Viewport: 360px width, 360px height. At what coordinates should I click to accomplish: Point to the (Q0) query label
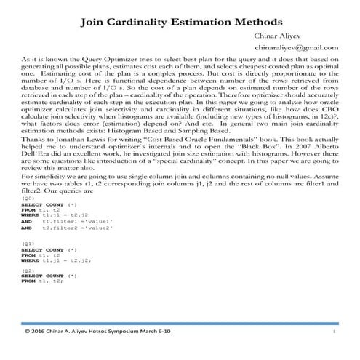pos(29,199)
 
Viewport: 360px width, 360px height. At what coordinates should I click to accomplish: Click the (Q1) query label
pos(29,243)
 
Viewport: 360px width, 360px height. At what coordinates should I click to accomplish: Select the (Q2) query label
pos(29,269)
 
